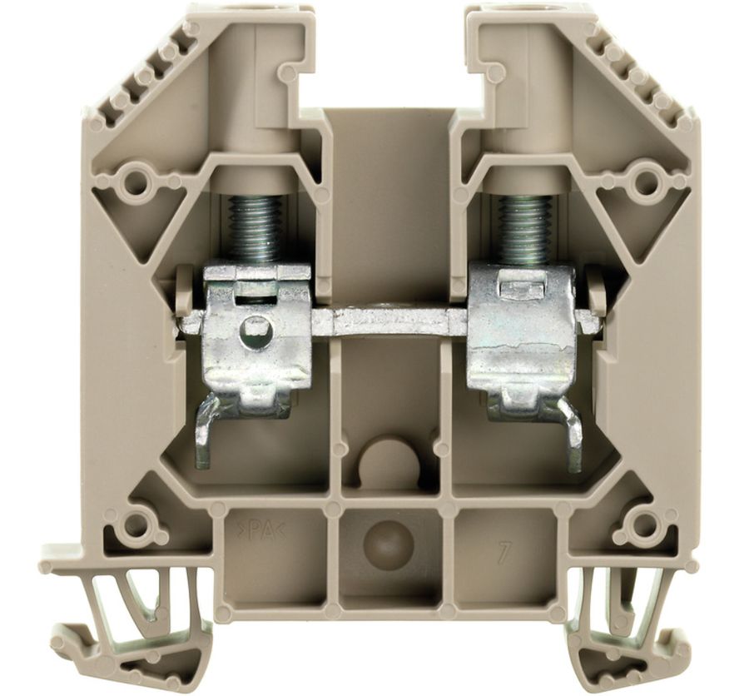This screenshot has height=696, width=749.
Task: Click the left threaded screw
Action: point(254,228)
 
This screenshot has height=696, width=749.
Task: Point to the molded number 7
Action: point(501,552)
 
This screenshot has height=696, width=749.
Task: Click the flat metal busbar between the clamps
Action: point(390,321)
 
